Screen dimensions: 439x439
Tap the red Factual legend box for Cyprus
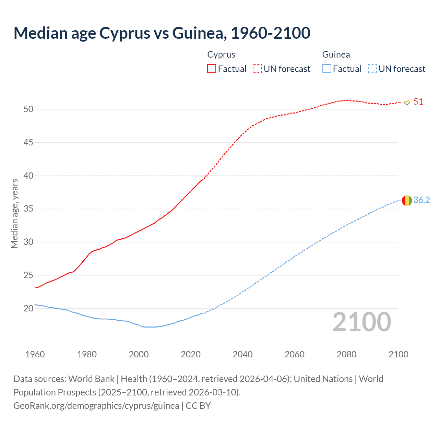tap(212, 69)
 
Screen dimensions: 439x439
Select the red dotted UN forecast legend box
tap(257, 69)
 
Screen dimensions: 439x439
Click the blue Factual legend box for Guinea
tap(327, 69)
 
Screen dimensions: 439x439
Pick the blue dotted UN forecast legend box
tap(372, 69)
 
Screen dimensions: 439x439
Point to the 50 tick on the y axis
tap(28, 109)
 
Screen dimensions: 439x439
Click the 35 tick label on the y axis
tap(28, 209)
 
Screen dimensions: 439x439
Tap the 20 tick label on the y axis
tap(28, 308)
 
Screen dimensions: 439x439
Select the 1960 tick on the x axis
tap(35, 354)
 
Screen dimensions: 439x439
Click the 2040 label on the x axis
tap(242, 354)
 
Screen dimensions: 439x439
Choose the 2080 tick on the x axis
tap(346, 354)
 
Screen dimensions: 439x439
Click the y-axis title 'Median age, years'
tap(14, 213)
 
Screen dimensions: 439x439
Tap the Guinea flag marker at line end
tap(407, 200)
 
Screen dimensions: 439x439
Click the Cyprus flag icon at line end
tap(407, 102)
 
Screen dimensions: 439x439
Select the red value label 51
tap(418, 102)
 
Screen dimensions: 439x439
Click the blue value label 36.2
tap(422, 200)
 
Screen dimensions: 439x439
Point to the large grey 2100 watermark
tap(361, 322)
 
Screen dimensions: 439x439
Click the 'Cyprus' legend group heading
tap(221, 55)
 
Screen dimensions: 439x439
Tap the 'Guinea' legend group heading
tap(336, 55)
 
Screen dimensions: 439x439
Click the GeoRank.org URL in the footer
tap(96, 406)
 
